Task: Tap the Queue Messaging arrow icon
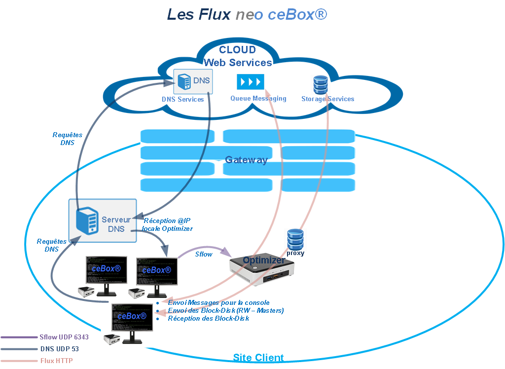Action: pyautogui.click(x=251, y=81)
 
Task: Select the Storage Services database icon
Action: pyautogui.click(x=321, y=84)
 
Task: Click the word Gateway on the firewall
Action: pyautogui.click(x=246, y=160)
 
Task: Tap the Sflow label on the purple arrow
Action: pyautogui.click(x=204, y=254)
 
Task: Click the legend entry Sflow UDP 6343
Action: pyautogui.click(x=64, y=338)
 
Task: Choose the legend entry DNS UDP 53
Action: pyautogui.click(x=60, y=349)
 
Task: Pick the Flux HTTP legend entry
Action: pyautogui.click(x=56, y=361)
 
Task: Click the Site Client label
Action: pyautogui.click(x=258, y=358)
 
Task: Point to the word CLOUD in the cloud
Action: pyautogui.click(x=238, y=50)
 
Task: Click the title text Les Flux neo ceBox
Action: pyautogui.click(x=247, y=14)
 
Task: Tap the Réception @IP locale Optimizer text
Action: pyautogui.click(x=167, y=224)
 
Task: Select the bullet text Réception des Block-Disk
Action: pyautogui.click(x=208, y=318)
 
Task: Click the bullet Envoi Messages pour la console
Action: pyautogui.click(x=218, y=302)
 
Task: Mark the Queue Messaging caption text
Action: pyautogui.click(x=258, y=98)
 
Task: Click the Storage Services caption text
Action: pyautogui.click(x=327, y=99)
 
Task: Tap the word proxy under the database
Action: pyautogui.click(x=295, y=253)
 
